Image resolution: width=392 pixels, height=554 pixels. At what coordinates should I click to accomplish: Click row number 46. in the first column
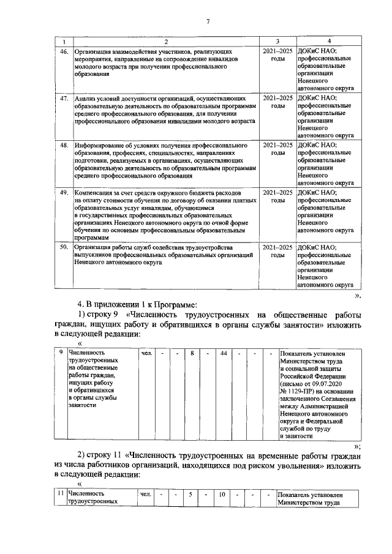tap(62, 51)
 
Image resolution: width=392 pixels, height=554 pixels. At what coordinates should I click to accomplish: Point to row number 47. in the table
tap(62, 98)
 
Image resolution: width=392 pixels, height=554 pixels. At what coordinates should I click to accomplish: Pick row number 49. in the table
tap(62, 192)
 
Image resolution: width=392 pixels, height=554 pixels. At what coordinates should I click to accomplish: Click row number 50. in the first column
tap(62, 247)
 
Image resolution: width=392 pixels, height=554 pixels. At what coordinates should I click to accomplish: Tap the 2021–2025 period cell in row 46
tap(277, 55)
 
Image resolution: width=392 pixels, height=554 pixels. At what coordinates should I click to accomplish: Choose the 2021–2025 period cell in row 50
tap(277, 251)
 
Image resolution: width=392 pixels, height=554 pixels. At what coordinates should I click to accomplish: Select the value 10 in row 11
tap(224, 494)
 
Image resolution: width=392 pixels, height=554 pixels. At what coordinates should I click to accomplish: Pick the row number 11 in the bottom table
tap(59, 494)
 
